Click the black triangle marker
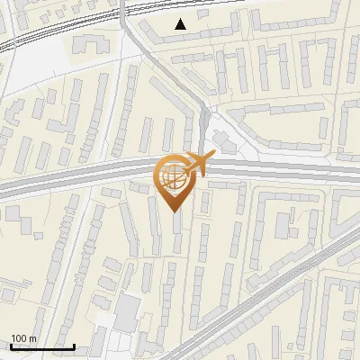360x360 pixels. [x=181, y=24]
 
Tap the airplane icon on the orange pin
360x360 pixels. [x=193, y=164]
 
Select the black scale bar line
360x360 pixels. [x=42, y=346]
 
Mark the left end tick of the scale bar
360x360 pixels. [x=11, y=345]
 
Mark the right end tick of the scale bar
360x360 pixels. [x=74, y=345]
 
